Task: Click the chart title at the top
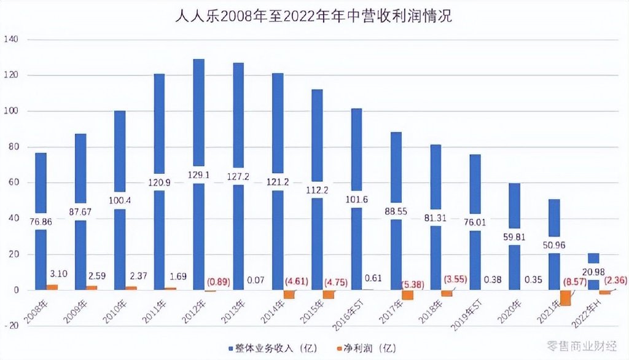314,15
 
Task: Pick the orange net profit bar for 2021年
566,297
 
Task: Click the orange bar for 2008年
52,287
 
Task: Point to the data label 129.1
198,174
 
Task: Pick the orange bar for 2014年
289,294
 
